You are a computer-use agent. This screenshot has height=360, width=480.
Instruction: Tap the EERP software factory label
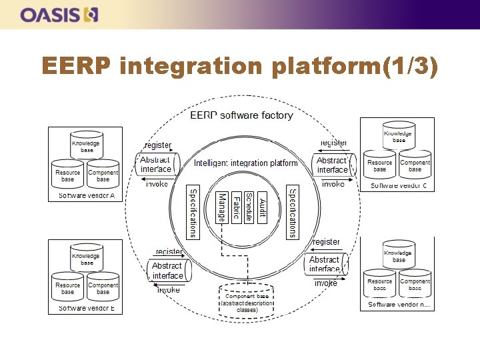[241, 115]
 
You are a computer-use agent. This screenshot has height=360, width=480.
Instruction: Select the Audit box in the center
[262, 207]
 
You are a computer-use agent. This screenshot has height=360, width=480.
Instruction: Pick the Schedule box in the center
[249, 207]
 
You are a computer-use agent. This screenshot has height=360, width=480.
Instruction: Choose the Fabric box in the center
[235, 207]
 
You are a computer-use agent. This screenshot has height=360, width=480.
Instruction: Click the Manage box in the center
[222, 207]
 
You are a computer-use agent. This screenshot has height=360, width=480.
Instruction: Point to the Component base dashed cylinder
[247, 299]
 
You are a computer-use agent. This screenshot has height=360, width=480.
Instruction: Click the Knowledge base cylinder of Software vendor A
[86, 144]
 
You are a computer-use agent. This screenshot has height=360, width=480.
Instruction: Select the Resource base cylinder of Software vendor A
[68, 174]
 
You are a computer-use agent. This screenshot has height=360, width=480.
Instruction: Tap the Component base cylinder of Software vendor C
[415, 164]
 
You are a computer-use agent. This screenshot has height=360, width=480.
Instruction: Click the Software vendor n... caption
[399, 305]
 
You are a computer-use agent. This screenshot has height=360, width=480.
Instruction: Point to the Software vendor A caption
[87, 195]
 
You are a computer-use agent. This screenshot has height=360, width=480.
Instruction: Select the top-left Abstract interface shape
[155, 164]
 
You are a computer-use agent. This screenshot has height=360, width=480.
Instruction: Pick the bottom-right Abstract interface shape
[326, 264]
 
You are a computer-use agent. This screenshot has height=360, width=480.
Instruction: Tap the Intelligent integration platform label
[245, 163]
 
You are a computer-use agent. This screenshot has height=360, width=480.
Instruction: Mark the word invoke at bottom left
[168, 290]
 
